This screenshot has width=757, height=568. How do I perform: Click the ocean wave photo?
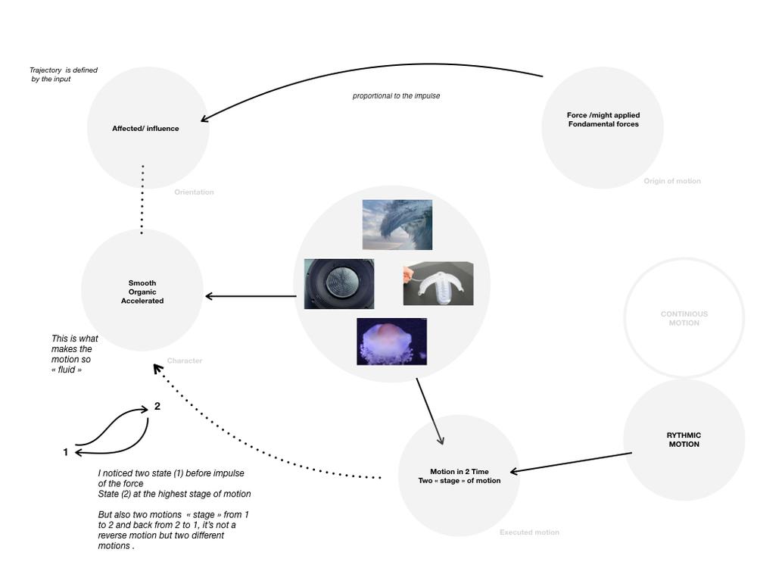click(397, 225)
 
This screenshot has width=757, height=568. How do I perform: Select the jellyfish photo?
click(391, 342)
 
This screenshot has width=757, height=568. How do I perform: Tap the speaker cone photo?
click(339, 284)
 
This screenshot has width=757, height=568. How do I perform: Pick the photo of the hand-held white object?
click(438, 283)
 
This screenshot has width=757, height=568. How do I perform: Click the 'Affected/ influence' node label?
click(145, 129)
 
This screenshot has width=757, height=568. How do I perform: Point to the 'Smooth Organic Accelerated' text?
click(142, 292)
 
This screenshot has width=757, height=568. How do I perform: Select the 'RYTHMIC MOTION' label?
click(684, 440)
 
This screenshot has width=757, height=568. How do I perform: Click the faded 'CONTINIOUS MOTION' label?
click(684, 318)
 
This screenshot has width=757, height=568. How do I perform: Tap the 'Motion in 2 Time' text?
click(459, 472)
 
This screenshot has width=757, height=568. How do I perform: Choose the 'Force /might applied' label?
click(603, 115)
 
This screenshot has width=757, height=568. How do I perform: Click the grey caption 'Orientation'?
click(194, 192)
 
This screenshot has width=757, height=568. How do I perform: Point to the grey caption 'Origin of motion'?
click(672, 181)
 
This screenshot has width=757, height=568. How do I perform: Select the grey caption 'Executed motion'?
click(529, 532)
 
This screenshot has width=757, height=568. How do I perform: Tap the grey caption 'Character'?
click(185, 360)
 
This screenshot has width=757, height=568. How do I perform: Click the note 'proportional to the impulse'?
click(396, 96)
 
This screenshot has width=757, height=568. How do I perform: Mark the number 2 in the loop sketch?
click(157, 406)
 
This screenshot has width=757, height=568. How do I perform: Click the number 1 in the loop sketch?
click(66, 452)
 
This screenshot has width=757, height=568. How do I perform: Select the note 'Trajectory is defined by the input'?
click(63, 74)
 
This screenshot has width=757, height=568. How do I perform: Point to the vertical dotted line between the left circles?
click(142, 200)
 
